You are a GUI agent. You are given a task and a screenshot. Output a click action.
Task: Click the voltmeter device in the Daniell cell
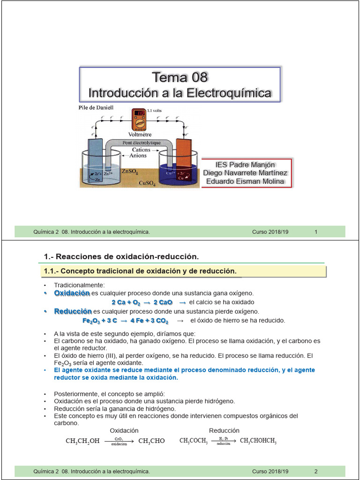click(140, 119)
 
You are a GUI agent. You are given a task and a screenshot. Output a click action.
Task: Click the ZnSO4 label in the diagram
click(130, 172)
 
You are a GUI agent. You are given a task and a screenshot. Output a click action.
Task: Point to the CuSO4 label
click(148, 182)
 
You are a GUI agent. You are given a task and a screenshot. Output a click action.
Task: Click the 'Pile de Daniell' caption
click(96, 108)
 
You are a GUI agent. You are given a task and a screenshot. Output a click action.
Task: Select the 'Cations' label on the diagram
click(141, 150)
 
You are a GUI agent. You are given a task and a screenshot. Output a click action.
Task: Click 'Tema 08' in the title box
click(180, 77)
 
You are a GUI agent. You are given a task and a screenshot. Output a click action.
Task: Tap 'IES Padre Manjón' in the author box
click(245, 165)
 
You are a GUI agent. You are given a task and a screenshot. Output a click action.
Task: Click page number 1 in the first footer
click(316, 232)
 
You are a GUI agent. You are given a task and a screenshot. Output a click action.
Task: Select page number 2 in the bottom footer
click(316, 471)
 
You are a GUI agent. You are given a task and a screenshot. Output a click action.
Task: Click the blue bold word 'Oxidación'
click(72, 293)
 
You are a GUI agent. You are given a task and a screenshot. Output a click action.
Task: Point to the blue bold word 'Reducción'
click(73, 311)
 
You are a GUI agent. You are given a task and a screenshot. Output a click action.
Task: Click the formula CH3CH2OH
click(82, 441)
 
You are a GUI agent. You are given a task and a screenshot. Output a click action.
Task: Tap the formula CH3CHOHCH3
click(258, 441)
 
